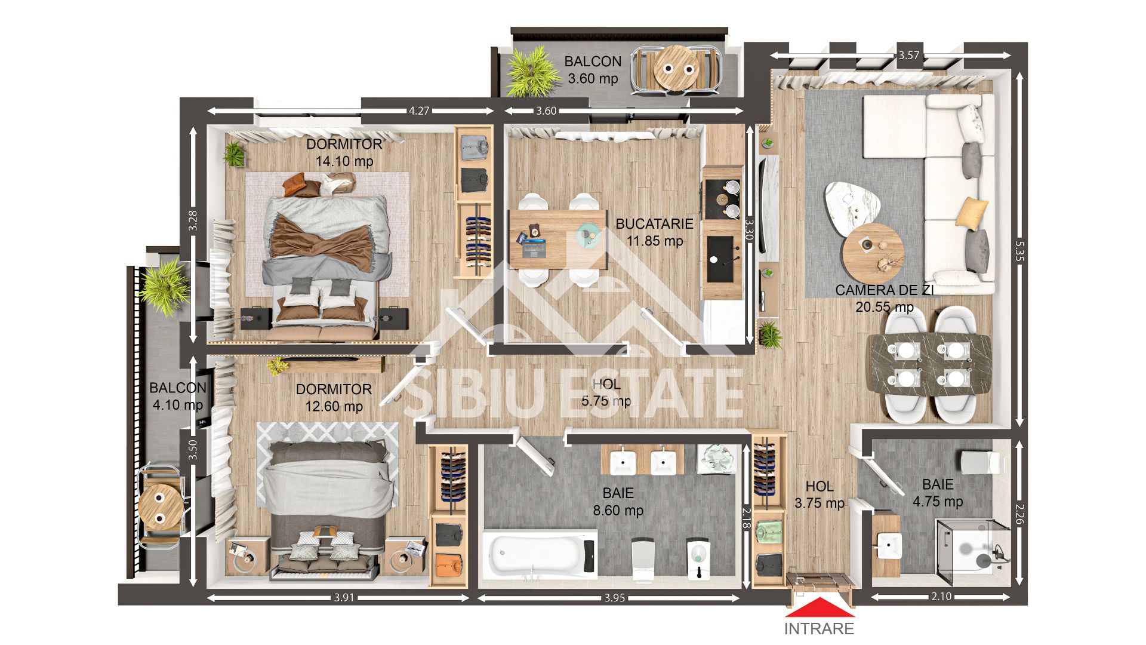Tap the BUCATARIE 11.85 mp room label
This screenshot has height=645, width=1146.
click(654, 232)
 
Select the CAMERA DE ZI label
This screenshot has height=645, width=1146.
click(884, 291)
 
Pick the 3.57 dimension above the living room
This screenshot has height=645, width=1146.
click(908, 56)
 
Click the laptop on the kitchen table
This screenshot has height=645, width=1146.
click(533, 246)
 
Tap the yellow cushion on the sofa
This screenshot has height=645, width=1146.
click(972, 213)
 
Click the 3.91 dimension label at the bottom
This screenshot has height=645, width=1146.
click(344, 597)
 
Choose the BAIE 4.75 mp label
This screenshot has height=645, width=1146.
click(937, 493)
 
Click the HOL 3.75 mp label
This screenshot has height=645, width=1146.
click(819, 495)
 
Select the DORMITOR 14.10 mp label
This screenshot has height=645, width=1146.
click(344, 152)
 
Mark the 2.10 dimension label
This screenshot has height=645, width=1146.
click(941, 597)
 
